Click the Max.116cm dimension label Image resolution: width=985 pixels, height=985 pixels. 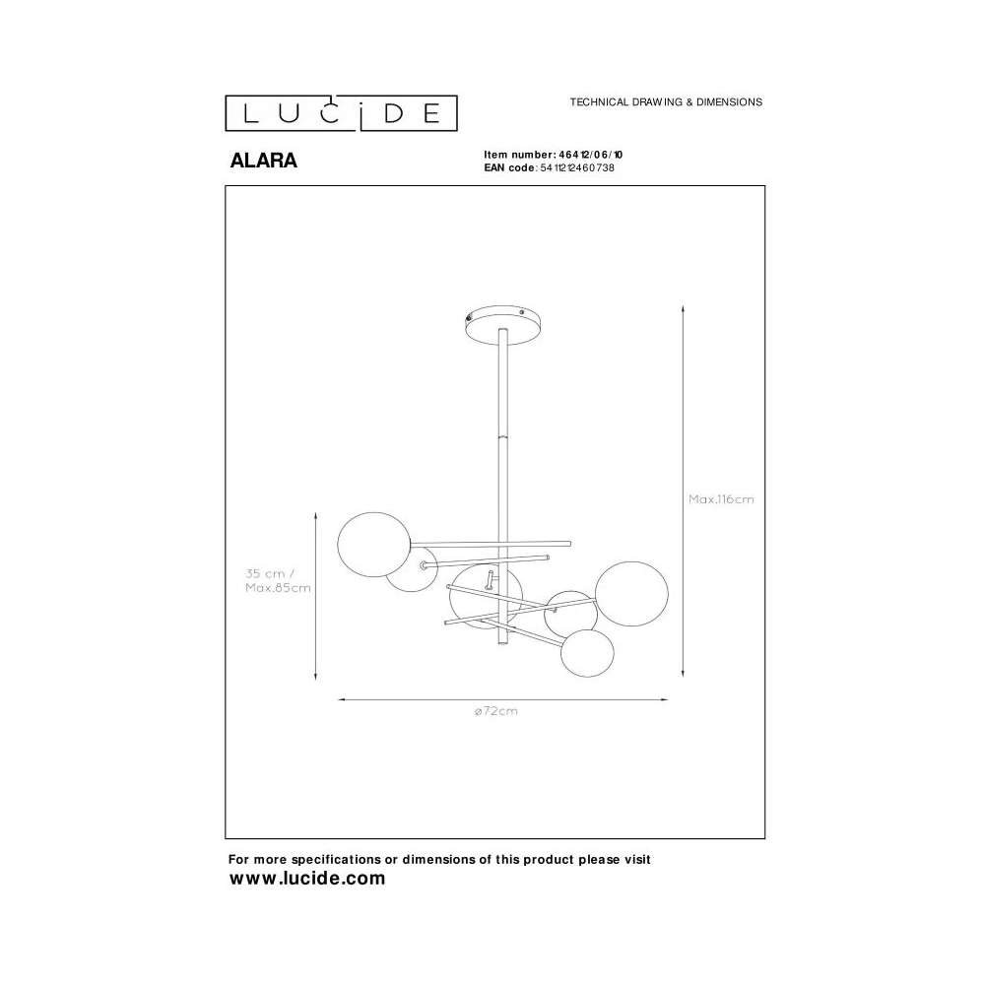click(721, 499)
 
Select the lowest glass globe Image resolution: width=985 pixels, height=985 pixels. click(587, 652)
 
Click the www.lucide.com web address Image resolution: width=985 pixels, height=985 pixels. click(307, 879)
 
